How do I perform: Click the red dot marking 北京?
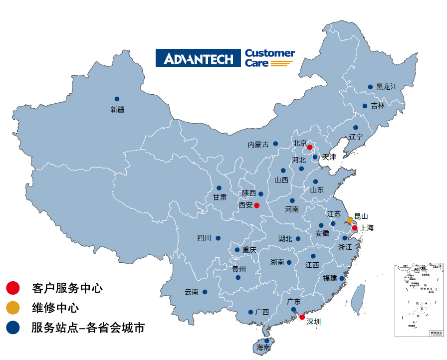309,147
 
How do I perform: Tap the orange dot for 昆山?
350,220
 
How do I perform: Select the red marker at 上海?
355,228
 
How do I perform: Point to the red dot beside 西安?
256,205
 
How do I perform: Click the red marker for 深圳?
302,317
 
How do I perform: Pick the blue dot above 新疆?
117,99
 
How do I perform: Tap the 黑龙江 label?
387,87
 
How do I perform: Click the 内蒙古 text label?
258,145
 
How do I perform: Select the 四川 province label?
205,238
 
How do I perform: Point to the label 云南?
192,292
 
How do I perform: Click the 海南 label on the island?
262,348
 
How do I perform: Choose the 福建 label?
330,278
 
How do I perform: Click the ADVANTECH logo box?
198,58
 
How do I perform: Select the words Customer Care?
269,58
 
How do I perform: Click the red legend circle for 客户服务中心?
13,288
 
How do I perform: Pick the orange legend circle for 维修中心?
13,308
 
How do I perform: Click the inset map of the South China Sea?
419,300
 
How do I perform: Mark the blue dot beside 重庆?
237,250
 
